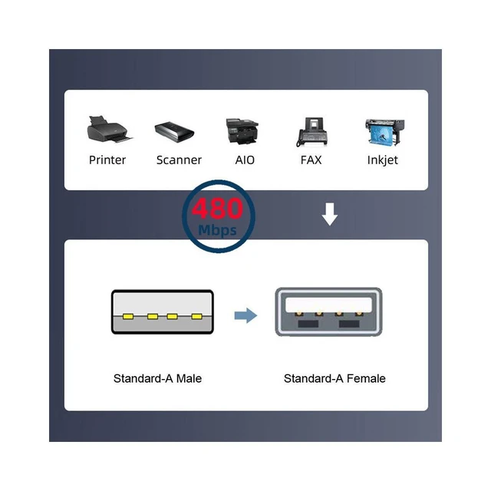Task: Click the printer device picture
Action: click(x=110, y=130)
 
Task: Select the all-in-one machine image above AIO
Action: click(x=242, y=131)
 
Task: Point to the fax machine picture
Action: click(x=312, y=132)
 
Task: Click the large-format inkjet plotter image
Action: click(x=385, y=132)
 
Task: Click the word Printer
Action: click(x=107, y=160)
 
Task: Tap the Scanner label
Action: click(x=179, y=160)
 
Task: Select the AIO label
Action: click(x=245, y=160)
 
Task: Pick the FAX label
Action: click(x=311, y=160)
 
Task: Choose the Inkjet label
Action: click(x=382, y=160)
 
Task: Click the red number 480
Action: click(x=217, y=208)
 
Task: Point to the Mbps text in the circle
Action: click(x=217, y=230)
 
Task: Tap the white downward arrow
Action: click(x=330, y=214)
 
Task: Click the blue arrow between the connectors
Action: click(x=245, y=315)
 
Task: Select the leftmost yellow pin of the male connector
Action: click(x=128, y=317)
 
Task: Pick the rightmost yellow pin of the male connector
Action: click(x=196, y=317)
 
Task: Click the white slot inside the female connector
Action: click(x=328, y=305)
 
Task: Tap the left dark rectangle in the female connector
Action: click(x=308, y=324)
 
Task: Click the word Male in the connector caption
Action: click(x=189, y=378)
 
